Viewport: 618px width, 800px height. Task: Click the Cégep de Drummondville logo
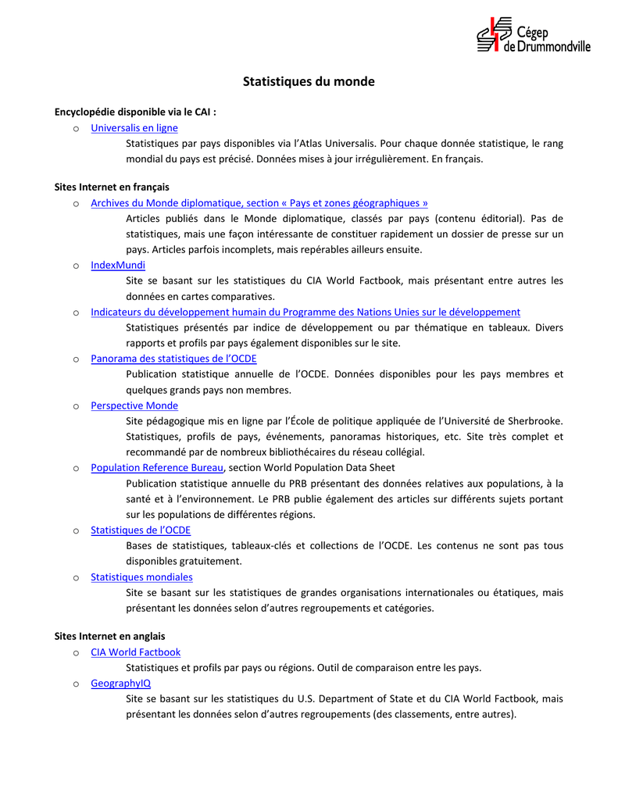[x=533, y=35]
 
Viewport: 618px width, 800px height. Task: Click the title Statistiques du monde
[x=309, y=81]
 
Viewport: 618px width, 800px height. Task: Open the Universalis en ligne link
[x=134, y=128]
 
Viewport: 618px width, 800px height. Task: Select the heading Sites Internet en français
[x=112, y=187]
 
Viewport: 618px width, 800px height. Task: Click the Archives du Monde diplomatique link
[x=259, y=203]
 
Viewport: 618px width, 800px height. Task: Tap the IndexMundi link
[x=118, y=266]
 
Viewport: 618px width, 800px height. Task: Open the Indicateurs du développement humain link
[x=305, y=312]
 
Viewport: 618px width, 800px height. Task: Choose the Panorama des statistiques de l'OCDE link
[x=173, y=359]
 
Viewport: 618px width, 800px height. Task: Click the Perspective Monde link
[x=134, y=406]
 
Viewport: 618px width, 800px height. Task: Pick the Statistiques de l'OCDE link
[x=141, y=530]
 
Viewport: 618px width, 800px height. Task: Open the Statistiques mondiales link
[x=141, y=577]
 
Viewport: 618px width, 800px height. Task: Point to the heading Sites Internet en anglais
[x=109, y=637]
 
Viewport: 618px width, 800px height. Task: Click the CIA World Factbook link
[x=135, y=652]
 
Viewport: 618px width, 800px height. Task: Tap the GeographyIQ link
[x=120, y=684]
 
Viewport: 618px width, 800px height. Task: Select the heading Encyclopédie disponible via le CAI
[x=135, y=112]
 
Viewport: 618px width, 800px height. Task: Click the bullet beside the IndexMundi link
[x=76, y=266]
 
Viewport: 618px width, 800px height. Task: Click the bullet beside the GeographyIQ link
[x=76, y=684]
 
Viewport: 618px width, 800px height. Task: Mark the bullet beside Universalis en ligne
[x=76, y=129]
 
